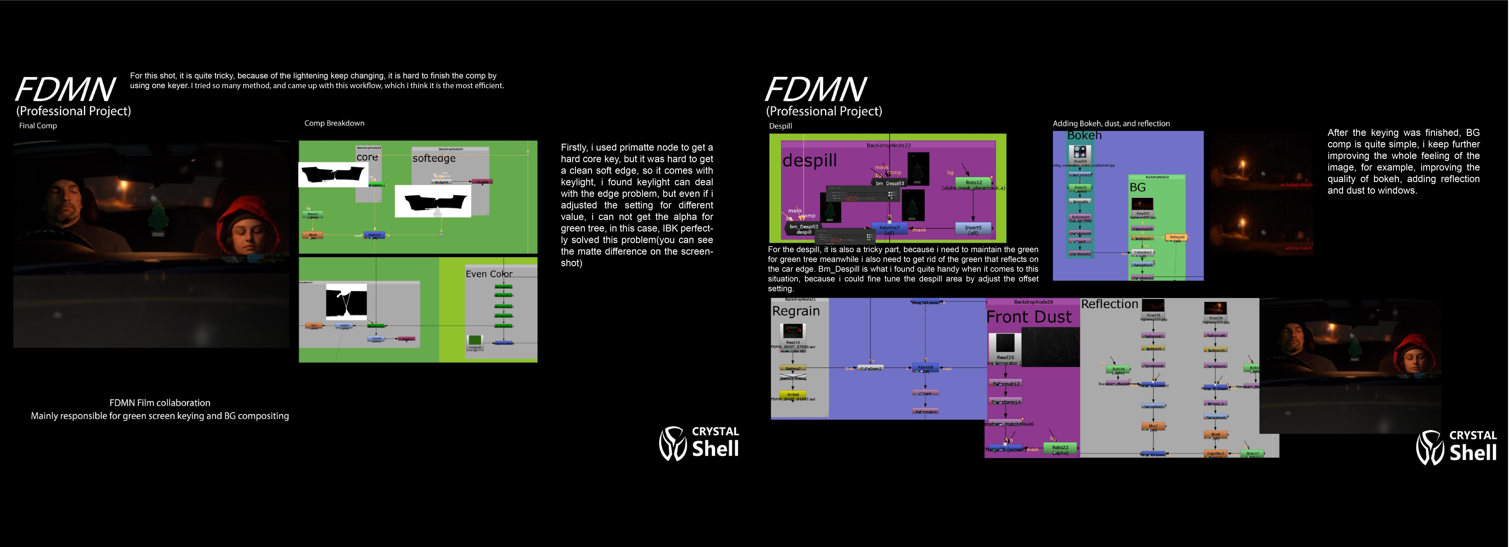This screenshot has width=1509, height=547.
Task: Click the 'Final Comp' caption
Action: (x=38, y=126)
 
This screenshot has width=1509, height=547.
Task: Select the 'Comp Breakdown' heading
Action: (x=334, y=123)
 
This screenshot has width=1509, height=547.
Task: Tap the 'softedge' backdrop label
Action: (x=434, y=158)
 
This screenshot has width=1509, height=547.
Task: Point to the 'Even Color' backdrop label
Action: (x=489, y=274)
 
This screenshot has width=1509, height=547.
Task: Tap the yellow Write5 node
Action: (x=793, y=395)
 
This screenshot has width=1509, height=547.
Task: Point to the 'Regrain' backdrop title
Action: (x=796, y=311)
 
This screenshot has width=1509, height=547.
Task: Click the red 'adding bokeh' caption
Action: (x=1298, y=248)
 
